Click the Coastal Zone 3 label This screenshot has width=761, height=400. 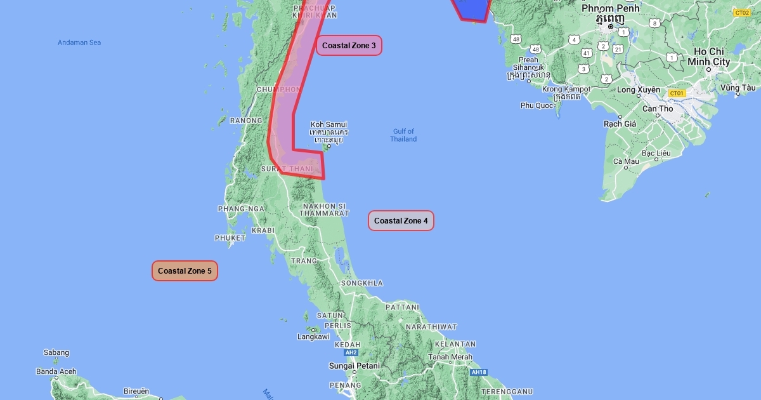[x=349, y=46]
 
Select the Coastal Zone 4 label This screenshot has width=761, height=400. [x=401, y=221]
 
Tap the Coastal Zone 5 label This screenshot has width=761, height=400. [x=185, y=271]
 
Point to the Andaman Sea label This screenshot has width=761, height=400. [x=79, y=43]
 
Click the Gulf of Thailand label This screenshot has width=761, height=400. [x=403, y=135]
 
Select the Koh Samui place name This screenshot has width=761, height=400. [x=328, y=124]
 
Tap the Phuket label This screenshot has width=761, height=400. [x=230, y=238]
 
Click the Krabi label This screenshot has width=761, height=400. [x=263, y=230]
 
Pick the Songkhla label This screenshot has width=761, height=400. [x=362, y=283]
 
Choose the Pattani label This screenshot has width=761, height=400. [x=402, y=307]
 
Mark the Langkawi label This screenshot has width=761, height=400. [x=313, y=337]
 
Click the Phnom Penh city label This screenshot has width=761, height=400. [x=611, y=8]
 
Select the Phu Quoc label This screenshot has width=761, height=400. [x=537, y=105]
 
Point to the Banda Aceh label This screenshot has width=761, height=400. [x=56, y=372]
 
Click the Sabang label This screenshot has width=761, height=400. [x=56, y=353]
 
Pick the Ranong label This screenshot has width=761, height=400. [x=246, y=121]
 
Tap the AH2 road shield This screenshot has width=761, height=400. [x=351, y=352]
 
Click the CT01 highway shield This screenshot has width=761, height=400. [x=677, y=93]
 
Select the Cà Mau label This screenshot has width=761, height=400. [x=626, y=161]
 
